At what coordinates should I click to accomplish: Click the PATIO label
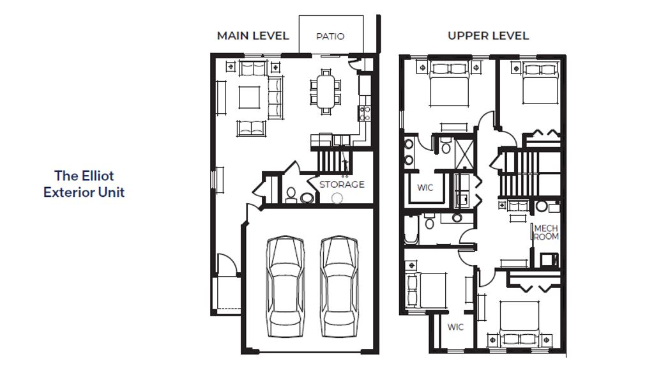pyautogui.click(x=330, y=36)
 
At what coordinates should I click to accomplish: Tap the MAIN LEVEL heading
pyautogui.click(x=253, y=36)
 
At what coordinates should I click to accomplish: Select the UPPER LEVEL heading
pyautogui.click(x=488, y=36)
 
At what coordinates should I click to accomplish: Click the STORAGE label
pyautogui.click(x=342, y=184)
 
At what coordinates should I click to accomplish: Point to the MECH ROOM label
pyautogui.click(x=546, y=233)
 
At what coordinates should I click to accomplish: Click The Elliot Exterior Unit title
pyautogui.click(x=84, y=183)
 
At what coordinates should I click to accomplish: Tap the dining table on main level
pyautogui.click(x=325, y=92)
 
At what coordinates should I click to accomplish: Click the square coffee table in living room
pyautogui.click(x=249, y=97)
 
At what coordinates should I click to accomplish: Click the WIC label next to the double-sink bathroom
pyautogui.click(x=425, y=187)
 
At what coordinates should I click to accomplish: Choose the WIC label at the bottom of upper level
pyautogui.click(x=455, y=327)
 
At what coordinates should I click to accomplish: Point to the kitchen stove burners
pyautogui.click(x=364, y=114)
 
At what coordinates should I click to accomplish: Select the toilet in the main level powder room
pyautogui.click(x=291, y=194)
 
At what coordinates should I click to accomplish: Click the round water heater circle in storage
pyautogui.click(x=337, y=198)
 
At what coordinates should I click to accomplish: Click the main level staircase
pyautogui.click(x=333, y=161)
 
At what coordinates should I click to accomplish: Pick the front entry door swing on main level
pyautogui.click(x=227, y=264)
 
